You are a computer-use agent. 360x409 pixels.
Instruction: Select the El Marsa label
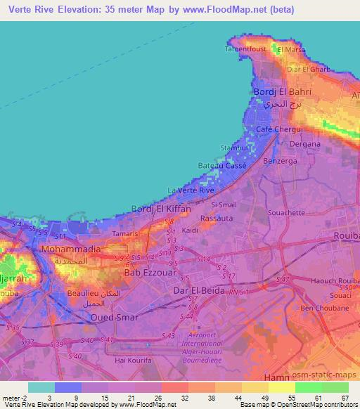click(290, 50)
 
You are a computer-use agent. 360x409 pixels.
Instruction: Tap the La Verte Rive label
click(191, 190)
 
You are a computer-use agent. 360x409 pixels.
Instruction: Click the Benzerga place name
click(278, 161)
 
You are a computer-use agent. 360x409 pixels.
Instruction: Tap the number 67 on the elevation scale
click(345, 398)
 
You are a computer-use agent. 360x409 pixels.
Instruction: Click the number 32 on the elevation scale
click(185, 398)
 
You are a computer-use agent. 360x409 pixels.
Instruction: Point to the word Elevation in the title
click(82, 10)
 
